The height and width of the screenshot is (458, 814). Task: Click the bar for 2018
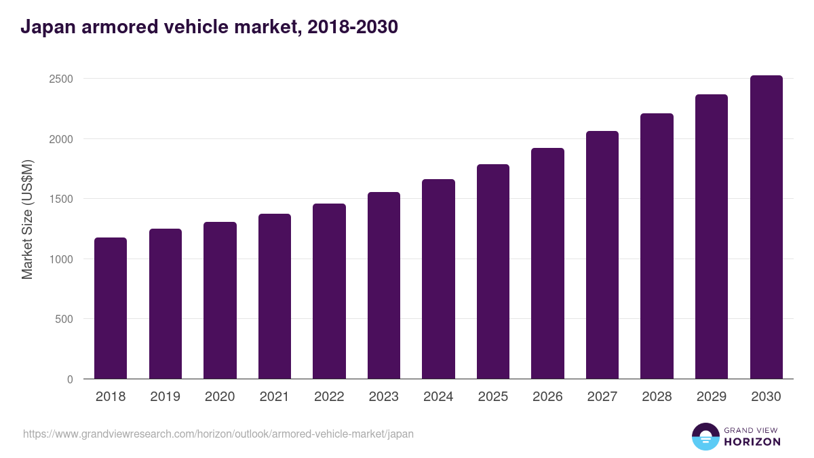click(111, 309)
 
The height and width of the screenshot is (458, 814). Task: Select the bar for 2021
click(275, 297)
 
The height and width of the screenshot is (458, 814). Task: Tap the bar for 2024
click(438, 279)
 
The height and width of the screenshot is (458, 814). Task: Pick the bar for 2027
click(602, 255)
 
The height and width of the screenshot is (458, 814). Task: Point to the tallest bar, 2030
click(766, 227)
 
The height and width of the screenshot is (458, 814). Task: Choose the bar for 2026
click(547, 263)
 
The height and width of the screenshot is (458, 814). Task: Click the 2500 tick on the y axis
click(61, 79)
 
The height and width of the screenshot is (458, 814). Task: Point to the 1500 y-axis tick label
click(61, 199)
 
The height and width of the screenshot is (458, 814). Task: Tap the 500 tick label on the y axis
click(64, 319)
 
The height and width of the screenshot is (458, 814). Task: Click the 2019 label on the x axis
click(166, 397)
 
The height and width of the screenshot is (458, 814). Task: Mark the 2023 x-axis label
click(384, 397)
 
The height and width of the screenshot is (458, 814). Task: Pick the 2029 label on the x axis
click(712, 397)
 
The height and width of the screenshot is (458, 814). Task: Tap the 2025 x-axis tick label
click(493, 397)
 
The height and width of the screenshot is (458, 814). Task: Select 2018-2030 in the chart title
click(352, 27)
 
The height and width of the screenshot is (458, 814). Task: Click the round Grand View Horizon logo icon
click(705, 436)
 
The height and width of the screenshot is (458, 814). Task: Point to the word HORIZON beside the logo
click(752, 442)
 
